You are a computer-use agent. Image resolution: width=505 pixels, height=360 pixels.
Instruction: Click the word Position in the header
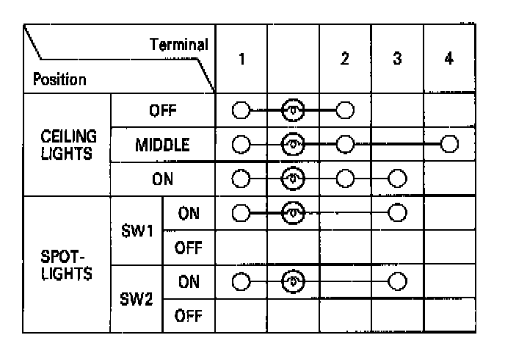(58, 79)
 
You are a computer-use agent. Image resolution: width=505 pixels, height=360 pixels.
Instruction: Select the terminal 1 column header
(241, 60)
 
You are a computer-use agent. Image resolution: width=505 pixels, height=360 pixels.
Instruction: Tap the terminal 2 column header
(345, 60)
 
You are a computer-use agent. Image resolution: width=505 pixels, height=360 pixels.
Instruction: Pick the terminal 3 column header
(397, 60)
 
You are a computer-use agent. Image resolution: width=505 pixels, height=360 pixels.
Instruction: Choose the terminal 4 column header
(449, 60)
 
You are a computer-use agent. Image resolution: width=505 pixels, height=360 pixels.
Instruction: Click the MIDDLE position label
(162, 145)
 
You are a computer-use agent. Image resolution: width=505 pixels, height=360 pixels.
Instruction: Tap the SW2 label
(137, 300)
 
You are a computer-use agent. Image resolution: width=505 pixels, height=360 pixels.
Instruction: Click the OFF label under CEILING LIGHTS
(162, 111)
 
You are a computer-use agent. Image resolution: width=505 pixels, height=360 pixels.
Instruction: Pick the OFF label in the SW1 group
(189, 248)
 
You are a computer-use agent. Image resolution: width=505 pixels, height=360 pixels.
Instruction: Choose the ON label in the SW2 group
(189, 282)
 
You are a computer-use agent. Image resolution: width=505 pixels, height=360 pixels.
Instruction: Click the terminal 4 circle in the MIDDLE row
(449, 144)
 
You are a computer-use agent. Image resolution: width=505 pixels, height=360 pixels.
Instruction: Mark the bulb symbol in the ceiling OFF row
(293, 111)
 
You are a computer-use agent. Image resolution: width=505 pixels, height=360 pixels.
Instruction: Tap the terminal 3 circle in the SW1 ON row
(397, 213)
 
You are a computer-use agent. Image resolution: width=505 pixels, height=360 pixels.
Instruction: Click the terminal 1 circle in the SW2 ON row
(241, 282)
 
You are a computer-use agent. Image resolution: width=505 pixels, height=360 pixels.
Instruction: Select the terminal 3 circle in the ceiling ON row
(397, 179)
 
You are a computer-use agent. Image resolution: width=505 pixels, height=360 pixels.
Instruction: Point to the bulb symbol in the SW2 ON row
(293, 282)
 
